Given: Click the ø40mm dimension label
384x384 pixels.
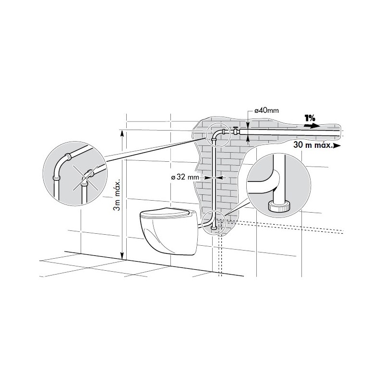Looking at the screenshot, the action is point(266,110).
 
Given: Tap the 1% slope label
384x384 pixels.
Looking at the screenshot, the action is point(310,119).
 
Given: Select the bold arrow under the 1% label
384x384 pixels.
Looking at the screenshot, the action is point(312,126).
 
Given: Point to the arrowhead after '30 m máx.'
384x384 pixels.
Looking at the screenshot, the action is point(337,146).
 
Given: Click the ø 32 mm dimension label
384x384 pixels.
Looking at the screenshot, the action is point(185,177).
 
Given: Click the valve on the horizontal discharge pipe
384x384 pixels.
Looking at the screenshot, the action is point(235,131).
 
